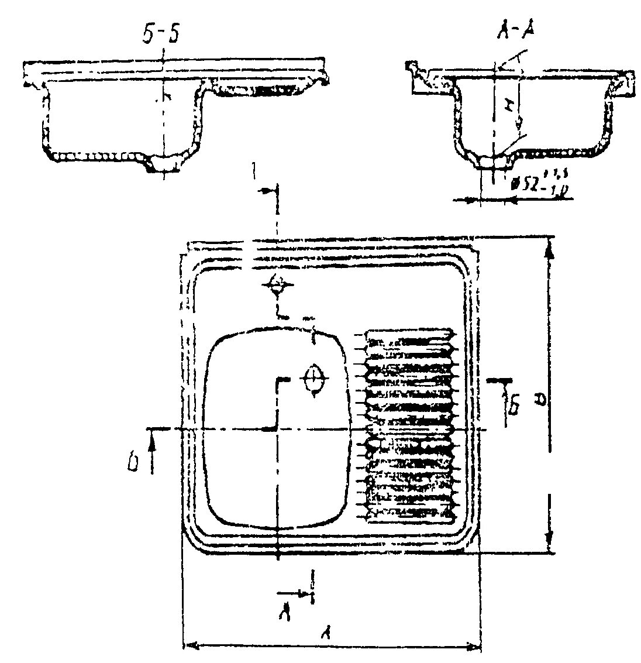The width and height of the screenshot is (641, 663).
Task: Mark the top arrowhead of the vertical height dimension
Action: [549, 251]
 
